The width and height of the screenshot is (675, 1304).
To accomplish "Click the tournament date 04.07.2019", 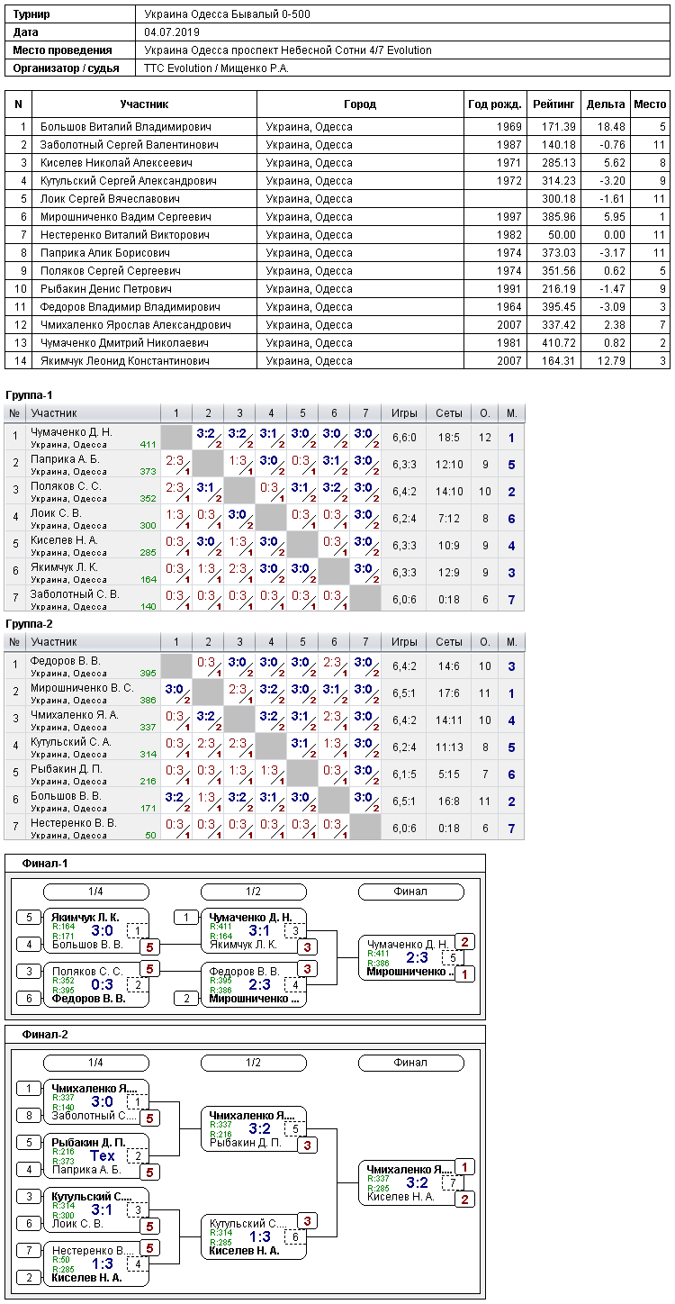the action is pyautogui.click(x=172, y=32).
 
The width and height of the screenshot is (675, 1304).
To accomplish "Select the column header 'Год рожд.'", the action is pyautogui.click(x=495, y=104).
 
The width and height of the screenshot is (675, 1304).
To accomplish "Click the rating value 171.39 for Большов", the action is pyautogui.click(x=559, y=126).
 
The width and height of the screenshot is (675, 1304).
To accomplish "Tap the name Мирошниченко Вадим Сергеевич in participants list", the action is pyautogui.click(x=126, y=216).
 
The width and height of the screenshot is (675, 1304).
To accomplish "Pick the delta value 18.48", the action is pyautogui.click(x=611, y=126).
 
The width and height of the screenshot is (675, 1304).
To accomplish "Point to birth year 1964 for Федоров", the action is pyautogui.click(x=509, y=307).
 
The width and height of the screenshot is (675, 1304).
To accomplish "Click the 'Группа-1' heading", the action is pyautogui.click(x=29, y=395).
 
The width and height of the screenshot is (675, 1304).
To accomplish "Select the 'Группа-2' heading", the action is pyautogui.click(x=29, y=624).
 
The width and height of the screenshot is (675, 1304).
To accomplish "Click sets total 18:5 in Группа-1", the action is pyautogui.click(x=448, y=438).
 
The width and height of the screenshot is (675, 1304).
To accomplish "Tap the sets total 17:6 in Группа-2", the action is pyautogui.click(x=448, y=693).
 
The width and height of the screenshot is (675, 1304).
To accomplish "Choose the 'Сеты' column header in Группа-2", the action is pyautogui.click(x=448, y=642).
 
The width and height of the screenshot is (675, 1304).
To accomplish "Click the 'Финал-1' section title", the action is pyautogui.click(x=45, y=864).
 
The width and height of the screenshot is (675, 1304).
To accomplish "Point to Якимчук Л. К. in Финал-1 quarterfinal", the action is pyautogui.click(x=85, y=918).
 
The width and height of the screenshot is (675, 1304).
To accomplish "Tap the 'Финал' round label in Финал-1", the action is pyautogui.click(x=410, y=892).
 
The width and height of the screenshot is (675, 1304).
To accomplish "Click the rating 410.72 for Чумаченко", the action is pyautogui.click(x=559, y=343).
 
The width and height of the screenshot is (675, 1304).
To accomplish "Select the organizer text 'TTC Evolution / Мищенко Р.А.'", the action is pyautogui.click(x=217, y=68).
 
